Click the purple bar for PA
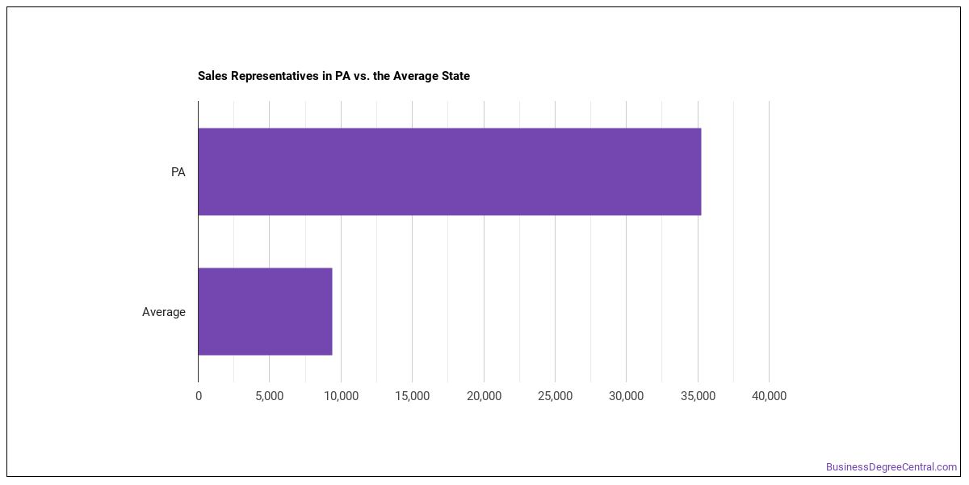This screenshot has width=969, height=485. point(450,171)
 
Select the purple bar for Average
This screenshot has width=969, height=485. point(265,311)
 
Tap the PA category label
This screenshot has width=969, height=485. point(178,172)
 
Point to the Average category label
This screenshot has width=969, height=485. point(163,312)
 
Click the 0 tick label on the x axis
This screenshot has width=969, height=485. point(199,396)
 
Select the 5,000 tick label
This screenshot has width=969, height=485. point(269,396)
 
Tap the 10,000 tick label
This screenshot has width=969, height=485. point(342,396)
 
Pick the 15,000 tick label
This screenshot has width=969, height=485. point(413,396)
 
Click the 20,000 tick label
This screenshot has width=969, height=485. point(484,396)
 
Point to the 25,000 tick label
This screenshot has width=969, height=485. point(555,396)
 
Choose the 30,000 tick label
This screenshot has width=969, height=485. point(626,396)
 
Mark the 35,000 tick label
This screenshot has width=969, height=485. point(698,396)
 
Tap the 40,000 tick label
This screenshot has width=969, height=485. point(769,396)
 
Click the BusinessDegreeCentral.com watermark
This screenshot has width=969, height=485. point(891,467)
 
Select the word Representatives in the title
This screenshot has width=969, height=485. point(275,76)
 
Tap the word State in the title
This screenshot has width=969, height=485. point(455,76)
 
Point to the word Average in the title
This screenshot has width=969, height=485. point(415,76)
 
